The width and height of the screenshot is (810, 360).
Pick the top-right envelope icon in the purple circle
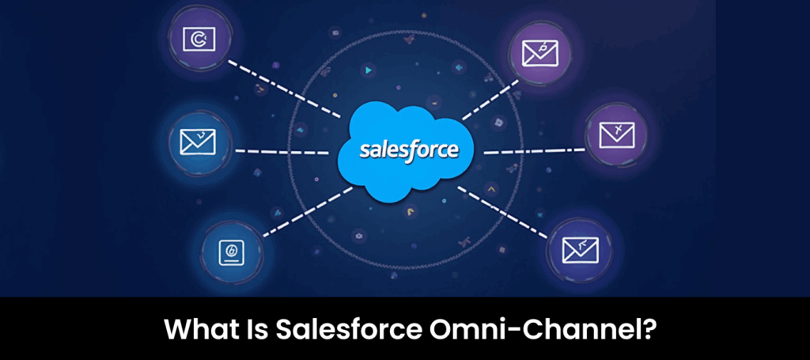pyautogui.click(x=540, y=53)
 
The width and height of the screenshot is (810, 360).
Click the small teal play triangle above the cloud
pyautogui.click(x=368, y=70)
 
